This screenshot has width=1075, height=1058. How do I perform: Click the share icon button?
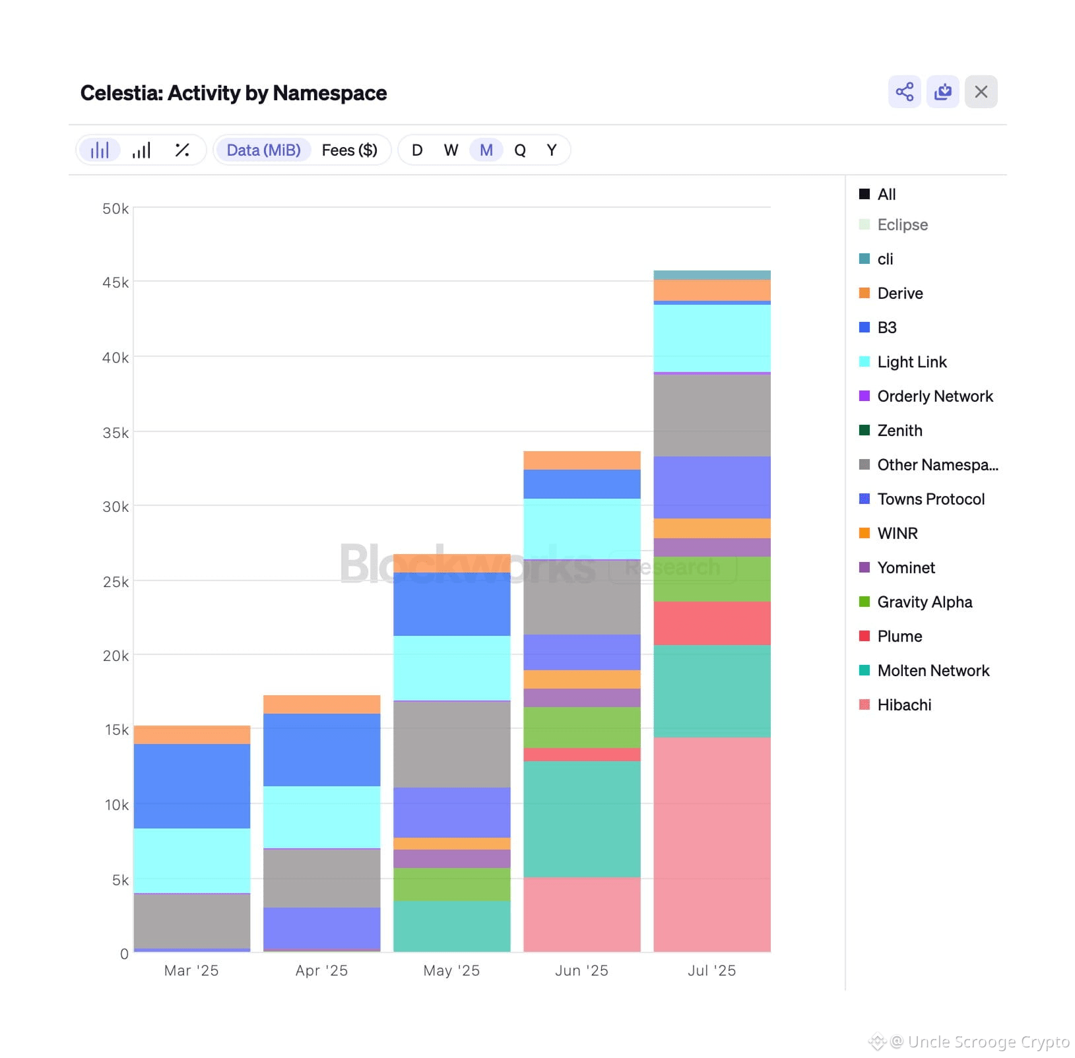pos(904,92)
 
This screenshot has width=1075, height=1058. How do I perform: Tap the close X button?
pos(981,92)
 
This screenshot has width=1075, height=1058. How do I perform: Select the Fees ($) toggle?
pos(349,150)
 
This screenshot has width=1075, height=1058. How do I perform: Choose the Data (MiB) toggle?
pos(263,150)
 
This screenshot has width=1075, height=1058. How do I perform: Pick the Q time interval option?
pos(520,150)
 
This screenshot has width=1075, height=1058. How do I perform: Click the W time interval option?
pos(451,150)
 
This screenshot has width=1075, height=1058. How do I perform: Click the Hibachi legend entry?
pos(903,704)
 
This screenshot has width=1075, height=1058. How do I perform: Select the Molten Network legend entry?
pos(932,670)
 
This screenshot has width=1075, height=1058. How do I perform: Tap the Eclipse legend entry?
pos(902,225)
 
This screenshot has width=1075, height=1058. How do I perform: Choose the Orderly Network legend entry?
pos(934,396)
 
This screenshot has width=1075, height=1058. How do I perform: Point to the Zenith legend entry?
pos(899,430)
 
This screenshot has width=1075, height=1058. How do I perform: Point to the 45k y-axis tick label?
pos(115,282)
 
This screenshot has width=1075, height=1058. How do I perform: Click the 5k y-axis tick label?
pos(119,879)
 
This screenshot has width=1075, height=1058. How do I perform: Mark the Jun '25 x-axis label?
pos(581,970)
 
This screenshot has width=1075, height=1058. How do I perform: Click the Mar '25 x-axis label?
pos(191,970)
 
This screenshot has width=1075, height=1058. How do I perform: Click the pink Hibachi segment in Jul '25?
pos(711,844)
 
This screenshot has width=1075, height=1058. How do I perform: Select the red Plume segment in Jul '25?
pos(711,623)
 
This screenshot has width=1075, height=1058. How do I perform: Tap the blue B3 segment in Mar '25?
pos(191,786)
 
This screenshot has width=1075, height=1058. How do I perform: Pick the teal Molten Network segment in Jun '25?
pos(581,819)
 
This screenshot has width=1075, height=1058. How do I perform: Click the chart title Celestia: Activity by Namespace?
pos(234,93)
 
